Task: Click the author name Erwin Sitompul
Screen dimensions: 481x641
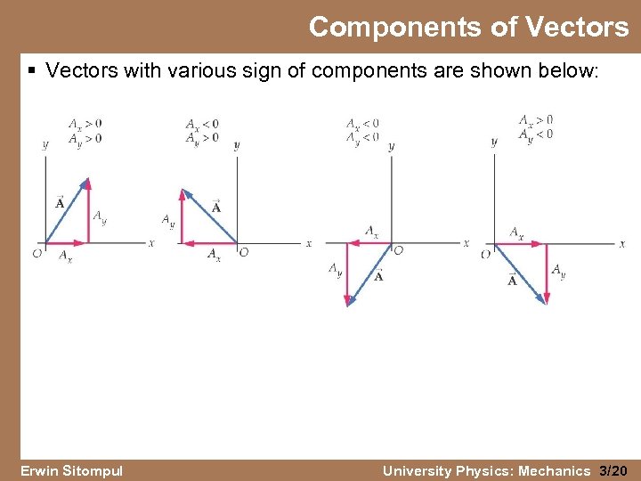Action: pyautogui.click(x=71, y=470)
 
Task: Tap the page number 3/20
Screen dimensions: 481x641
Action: pyautogui.click(x=614, y=470)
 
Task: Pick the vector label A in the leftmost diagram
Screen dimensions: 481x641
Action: pyautogui.click(x=60, y=203)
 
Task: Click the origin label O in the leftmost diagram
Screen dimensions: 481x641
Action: pyautogui.click(x=37, y=254)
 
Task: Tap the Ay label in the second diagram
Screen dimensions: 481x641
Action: pyautogui.click(x=168, y=219)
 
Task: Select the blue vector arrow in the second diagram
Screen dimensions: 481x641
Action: pyautogui.click(x=210, y=216)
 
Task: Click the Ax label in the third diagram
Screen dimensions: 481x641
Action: pyautogui.click(x=371, y=232)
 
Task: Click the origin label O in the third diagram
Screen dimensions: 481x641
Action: pyautogui.click(x=398, y=251)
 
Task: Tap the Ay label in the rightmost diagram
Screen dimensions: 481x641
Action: pyautogui.click(x=558, y=270)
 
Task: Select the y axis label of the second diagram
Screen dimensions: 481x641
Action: pyautogui.click(x=236, y=145)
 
